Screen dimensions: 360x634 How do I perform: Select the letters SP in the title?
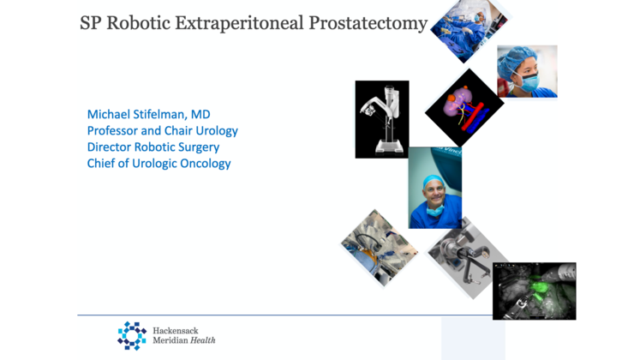91,24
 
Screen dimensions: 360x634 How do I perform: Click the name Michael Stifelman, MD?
149,115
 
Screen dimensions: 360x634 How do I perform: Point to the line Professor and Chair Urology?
162,131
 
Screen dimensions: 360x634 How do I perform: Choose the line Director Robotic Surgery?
153,147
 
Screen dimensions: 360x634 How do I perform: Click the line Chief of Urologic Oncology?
158,164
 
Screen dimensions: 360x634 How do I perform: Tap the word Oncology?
202,164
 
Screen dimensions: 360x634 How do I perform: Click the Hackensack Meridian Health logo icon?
132,335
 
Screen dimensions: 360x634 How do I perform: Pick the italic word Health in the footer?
203,340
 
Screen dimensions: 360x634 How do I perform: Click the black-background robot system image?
381,119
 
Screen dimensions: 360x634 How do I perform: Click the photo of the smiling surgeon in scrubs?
435,188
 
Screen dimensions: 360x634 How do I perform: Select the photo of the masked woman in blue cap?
527,71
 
